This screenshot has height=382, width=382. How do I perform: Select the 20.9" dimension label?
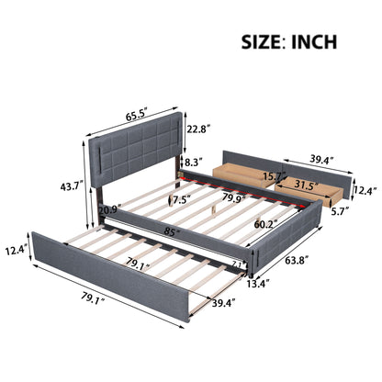pyautogui.click(x=107, y=210)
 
